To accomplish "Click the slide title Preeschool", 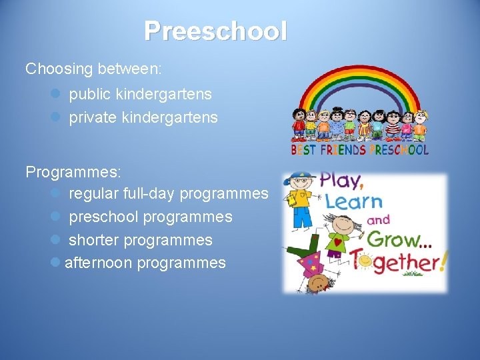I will coord(215,31).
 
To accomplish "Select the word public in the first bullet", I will coord(90,94).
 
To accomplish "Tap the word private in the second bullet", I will coord(92,117).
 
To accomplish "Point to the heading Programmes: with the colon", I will coord(73,171).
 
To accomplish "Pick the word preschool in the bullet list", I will coord(104,217).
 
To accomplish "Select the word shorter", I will coord(94,239).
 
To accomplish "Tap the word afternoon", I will coord(98,263).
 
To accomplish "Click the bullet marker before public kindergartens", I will coord(56,95).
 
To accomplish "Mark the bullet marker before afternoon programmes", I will coord(56,263).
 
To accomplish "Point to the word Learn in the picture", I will coord(353,201).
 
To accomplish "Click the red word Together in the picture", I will coord(396,261).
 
